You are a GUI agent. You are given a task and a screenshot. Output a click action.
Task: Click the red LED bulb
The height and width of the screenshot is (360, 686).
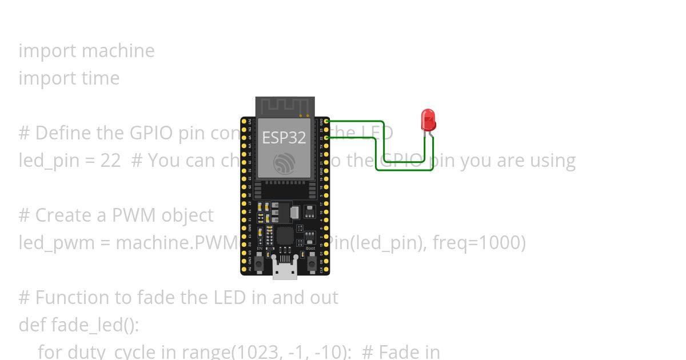click(x=428, y=119)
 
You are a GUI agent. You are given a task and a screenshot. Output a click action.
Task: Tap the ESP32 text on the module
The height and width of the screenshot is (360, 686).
click(x=284, y=137)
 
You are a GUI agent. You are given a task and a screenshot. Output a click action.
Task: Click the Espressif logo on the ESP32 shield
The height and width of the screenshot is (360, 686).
click(x=284, y=164)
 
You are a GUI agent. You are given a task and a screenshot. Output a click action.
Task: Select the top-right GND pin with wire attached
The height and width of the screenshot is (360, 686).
click(x=326, y=121)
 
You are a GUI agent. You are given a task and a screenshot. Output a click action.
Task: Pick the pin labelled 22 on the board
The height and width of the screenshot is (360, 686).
click(x=326, y=138)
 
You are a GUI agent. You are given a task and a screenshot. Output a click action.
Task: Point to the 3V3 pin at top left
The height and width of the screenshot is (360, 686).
click(x=244, y=121)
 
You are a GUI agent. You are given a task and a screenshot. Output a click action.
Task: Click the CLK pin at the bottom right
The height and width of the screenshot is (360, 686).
click(x=326, y=269)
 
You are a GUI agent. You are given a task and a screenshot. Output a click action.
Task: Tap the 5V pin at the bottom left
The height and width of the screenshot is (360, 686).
click(x=244, y=269)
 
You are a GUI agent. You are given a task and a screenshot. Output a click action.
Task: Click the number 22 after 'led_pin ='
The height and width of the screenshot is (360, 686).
click(x=110, y=161)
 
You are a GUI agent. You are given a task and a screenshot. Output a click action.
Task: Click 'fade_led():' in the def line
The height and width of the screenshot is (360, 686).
click(x=95, y=325)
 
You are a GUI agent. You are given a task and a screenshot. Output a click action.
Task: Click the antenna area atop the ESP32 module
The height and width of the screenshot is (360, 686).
click(x=285, y=106)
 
